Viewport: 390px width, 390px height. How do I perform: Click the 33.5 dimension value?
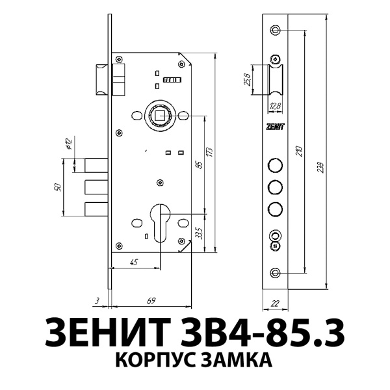pos(199,232)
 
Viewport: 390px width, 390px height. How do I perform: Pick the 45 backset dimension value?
pos(133,262)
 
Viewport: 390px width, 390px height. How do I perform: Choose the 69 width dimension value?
pos(151,300)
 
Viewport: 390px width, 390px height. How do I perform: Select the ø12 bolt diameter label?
pos(69,144)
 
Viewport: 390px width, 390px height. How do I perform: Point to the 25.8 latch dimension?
pos(247,79)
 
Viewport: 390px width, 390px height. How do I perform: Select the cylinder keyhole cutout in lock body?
pos(159,221)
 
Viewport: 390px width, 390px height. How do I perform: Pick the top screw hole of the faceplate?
pos(276,30)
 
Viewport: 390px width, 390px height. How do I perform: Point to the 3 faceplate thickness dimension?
pos(96,300)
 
